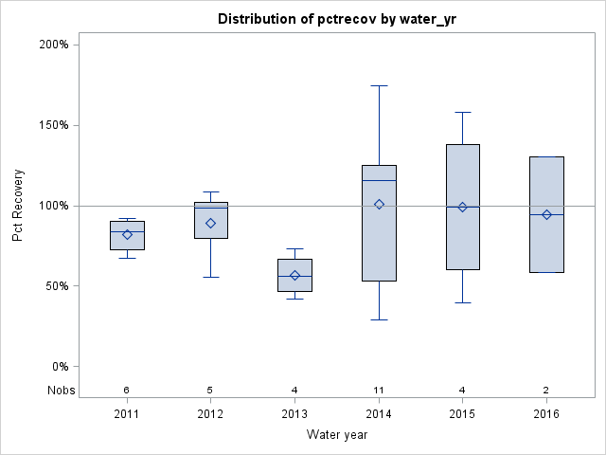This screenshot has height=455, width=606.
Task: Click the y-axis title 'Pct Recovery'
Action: coord(18,206)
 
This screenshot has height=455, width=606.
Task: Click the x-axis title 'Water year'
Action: coord(336,435)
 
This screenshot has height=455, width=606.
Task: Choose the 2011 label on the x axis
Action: coord(127,414)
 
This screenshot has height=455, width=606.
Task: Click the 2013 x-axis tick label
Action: coord(294,414)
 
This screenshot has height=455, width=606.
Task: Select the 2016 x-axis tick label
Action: coord(546,414)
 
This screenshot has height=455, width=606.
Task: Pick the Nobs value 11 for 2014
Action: coord(379,390)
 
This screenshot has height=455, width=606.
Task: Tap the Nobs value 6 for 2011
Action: coord(127,390)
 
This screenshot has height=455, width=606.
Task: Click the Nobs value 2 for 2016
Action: coord(546,390)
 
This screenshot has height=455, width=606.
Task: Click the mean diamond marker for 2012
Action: coord(211,223)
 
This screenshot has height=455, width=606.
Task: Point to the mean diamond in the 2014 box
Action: coord(379,204)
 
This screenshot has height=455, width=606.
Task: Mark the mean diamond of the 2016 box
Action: coord(546,214)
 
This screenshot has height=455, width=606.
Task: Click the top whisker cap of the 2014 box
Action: coord(379,85)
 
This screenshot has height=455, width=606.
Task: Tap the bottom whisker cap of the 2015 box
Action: coord(463,302)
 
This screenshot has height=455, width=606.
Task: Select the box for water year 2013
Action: coord(294,275)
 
